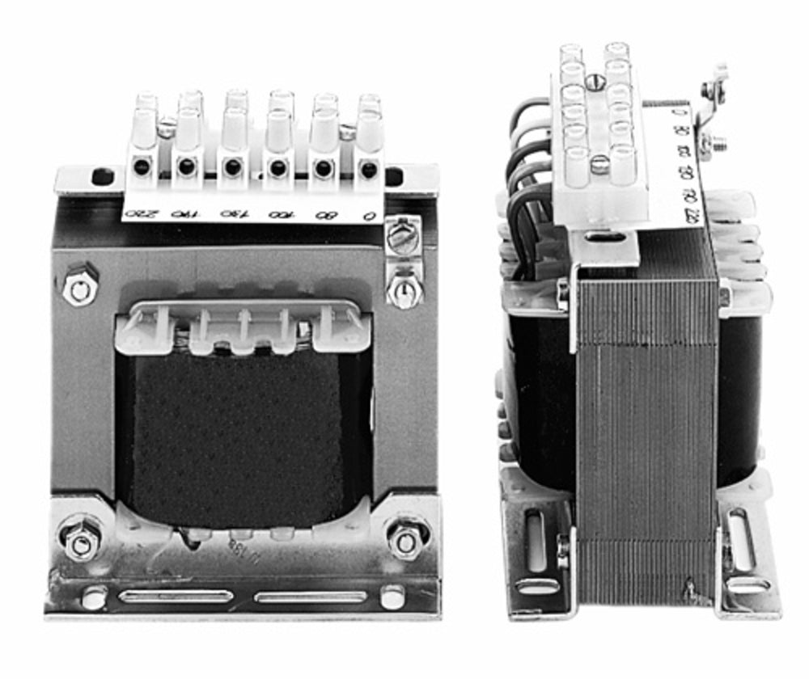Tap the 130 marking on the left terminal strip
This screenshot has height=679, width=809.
coord(231,214)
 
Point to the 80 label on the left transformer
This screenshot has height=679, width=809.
coord(324,215)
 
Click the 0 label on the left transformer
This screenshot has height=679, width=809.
coord(368,216)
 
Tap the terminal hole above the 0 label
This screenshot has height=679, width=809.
coord(368,169)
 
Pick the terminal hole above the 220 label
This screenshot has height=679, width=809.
coord(142,167)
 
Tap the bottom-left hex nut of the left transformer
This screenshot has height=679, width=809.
coord(81,543)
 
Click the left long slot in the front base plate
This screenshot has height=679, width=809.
coord(176,597)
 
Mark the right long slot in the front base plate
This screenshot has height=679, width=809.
coord(311,597)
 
